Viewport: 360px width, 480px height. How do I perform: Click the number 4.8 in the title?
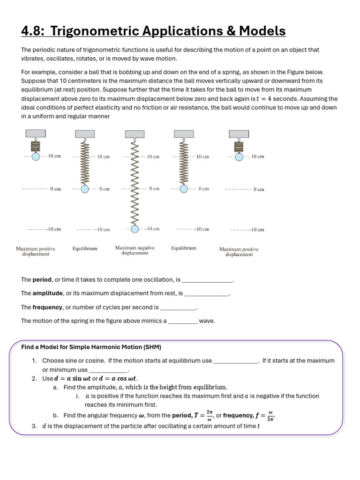click(x=32, y=31)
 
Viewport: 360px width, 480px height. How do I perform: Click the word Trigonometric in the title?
click(x=91, y=31)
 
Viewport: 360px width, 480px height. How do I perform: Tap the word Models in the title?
click(x=262, y=31)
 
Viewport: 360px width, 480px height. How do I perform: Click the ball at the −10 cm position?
click(x=135, y=229)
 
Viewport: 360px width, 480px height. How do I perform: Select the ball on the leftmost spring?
click(x=36, y=156)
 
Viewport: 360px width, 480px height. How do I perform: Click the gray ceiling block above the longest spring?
click(x=135, y=134)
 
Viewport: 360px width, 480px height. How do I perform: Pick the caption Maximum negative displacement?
click(x=135, y=250)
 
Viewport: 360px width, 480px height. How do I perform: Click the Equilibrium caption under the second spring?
click(x=85, y=248)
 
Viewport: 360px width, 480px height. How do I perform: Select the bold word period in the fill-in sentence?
click(x=42, y=280)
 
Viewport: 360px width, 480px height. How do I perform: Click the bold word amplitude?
click(x=47, y=293)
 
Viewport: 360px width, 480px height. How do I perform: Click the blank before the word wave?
click(x=182, y=322)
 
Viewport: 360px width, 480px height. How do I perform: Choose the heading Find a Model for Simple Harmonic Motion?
click(x=91, y=347)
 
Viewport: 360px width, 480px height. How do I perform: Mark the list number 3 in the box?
click(x=34, y=426)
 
